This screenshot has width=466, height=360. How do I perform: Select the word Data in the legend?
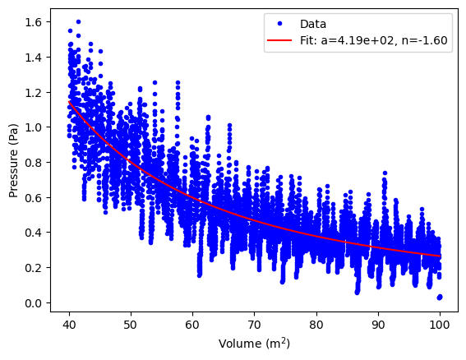tap(313, 23)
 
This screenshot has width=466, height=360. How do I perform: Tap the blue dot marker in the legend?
tap(278, 23)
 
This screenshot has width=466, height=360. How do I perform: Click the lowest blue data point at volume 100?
tap(440, 297)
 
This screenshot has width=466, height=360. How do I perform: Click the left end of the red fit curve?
tap(70, 101)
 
